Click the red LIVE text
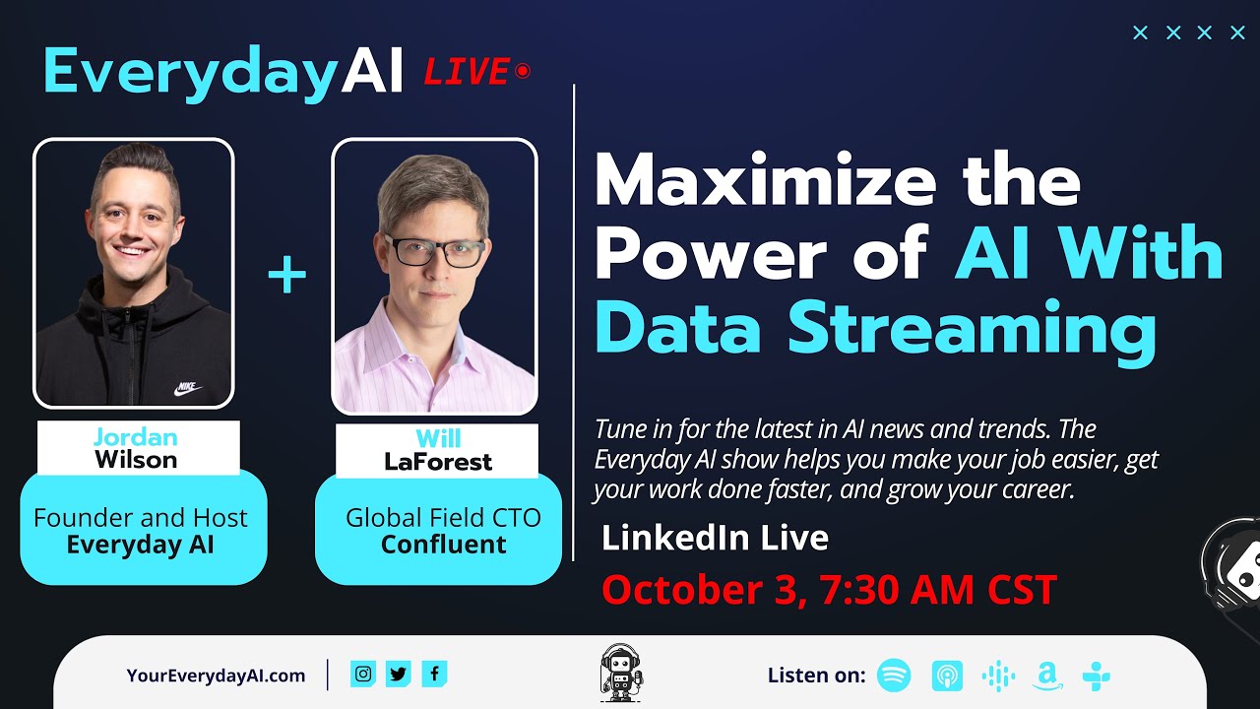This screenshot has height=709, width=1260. click(x=466, y=71)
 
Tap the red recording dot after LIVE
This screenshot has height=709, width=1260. click(x=523, y=71)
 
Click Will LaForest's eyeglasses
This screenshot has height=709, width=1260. click(x=434, y=251)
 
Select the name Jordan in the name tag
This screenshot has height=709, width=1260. click(x=136, y=436)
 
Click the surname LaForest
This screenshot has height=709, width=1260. click(x=438, y=461)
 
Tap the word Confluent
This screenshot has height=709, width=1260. click(x=443, y=545)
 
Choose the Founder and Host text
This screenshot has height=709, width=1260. click(x=141, y=518)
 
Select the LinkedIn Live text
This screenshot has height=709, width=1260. click(x=715, y=538)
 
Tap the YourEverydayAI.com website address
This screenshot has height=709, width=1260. click(x=216, y=676)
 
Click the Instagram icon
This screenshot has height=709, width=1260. click(x=363, y=674)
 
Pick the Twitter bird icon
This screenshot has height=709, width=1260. click(x=399, y=674)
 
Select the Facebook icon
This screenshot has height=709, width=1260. click(x=434, y=674)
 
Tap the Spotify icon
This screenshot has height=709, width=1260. click(x=894, y=676)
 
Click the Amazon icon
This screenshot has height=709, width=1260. click(x=1046, y=676)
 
